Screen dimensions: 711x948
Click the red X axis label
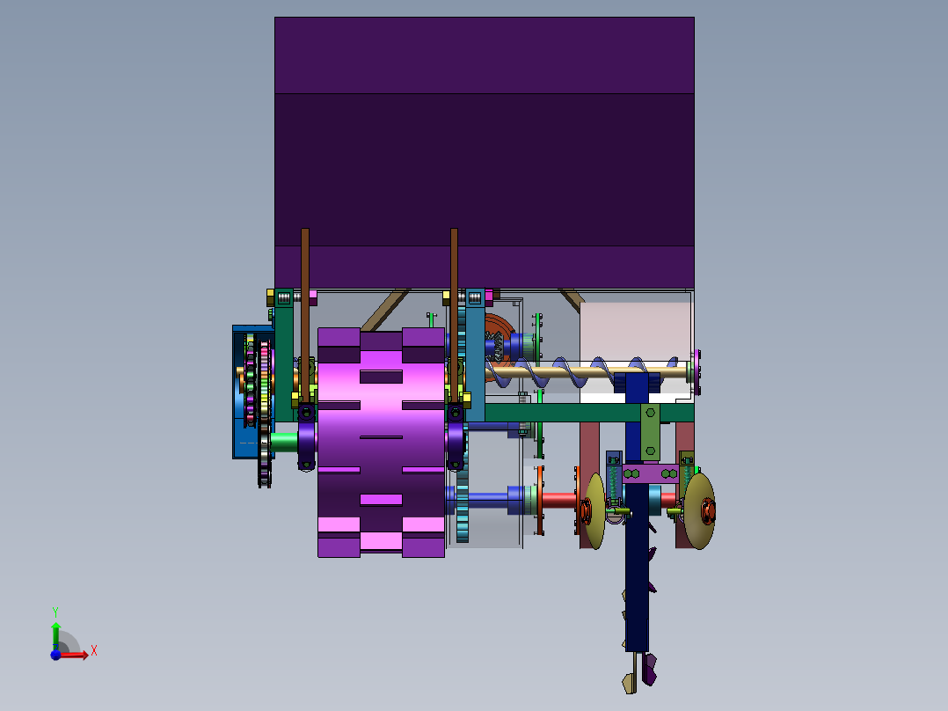pos(94,650)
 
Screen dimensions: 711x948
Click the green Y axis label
pos(55,611)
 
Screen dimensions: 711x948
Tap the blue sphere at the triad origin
pos(55,655)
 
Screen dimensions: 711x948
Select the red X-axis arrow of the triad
pos(77,655)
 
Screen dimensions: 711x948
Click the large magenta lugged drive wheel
pos(380,440)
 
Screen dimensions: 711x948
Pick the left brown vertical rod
pos(305,282)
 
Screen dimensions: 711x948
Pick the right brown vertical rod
pos(454,282)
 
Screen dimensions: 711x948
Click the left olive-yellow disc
pos(596,511)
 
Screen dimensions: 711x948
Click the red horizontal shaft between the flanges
pos(558,500)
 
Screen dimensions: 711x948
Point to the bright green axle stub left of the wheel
pos(283,440)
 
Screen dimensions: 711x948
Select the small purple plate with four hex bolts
pos(650,473)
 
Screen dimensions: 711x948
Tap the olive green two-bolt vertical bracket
pos(650,431)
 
